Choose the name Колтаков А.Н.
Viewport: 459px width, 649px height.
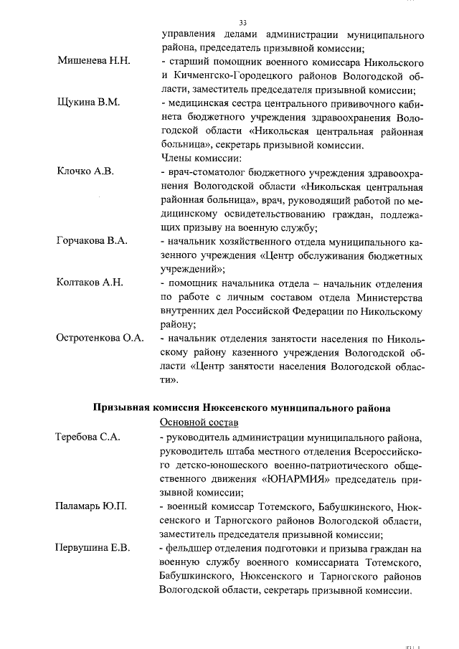click(90, 283)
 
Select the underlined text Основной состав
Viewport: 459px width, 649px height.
click(198, 422)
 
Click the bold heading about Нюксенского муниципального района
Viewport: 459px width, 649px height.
click(242, 407)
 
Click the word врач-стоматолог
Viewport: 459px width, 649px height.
click(203, 172)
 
